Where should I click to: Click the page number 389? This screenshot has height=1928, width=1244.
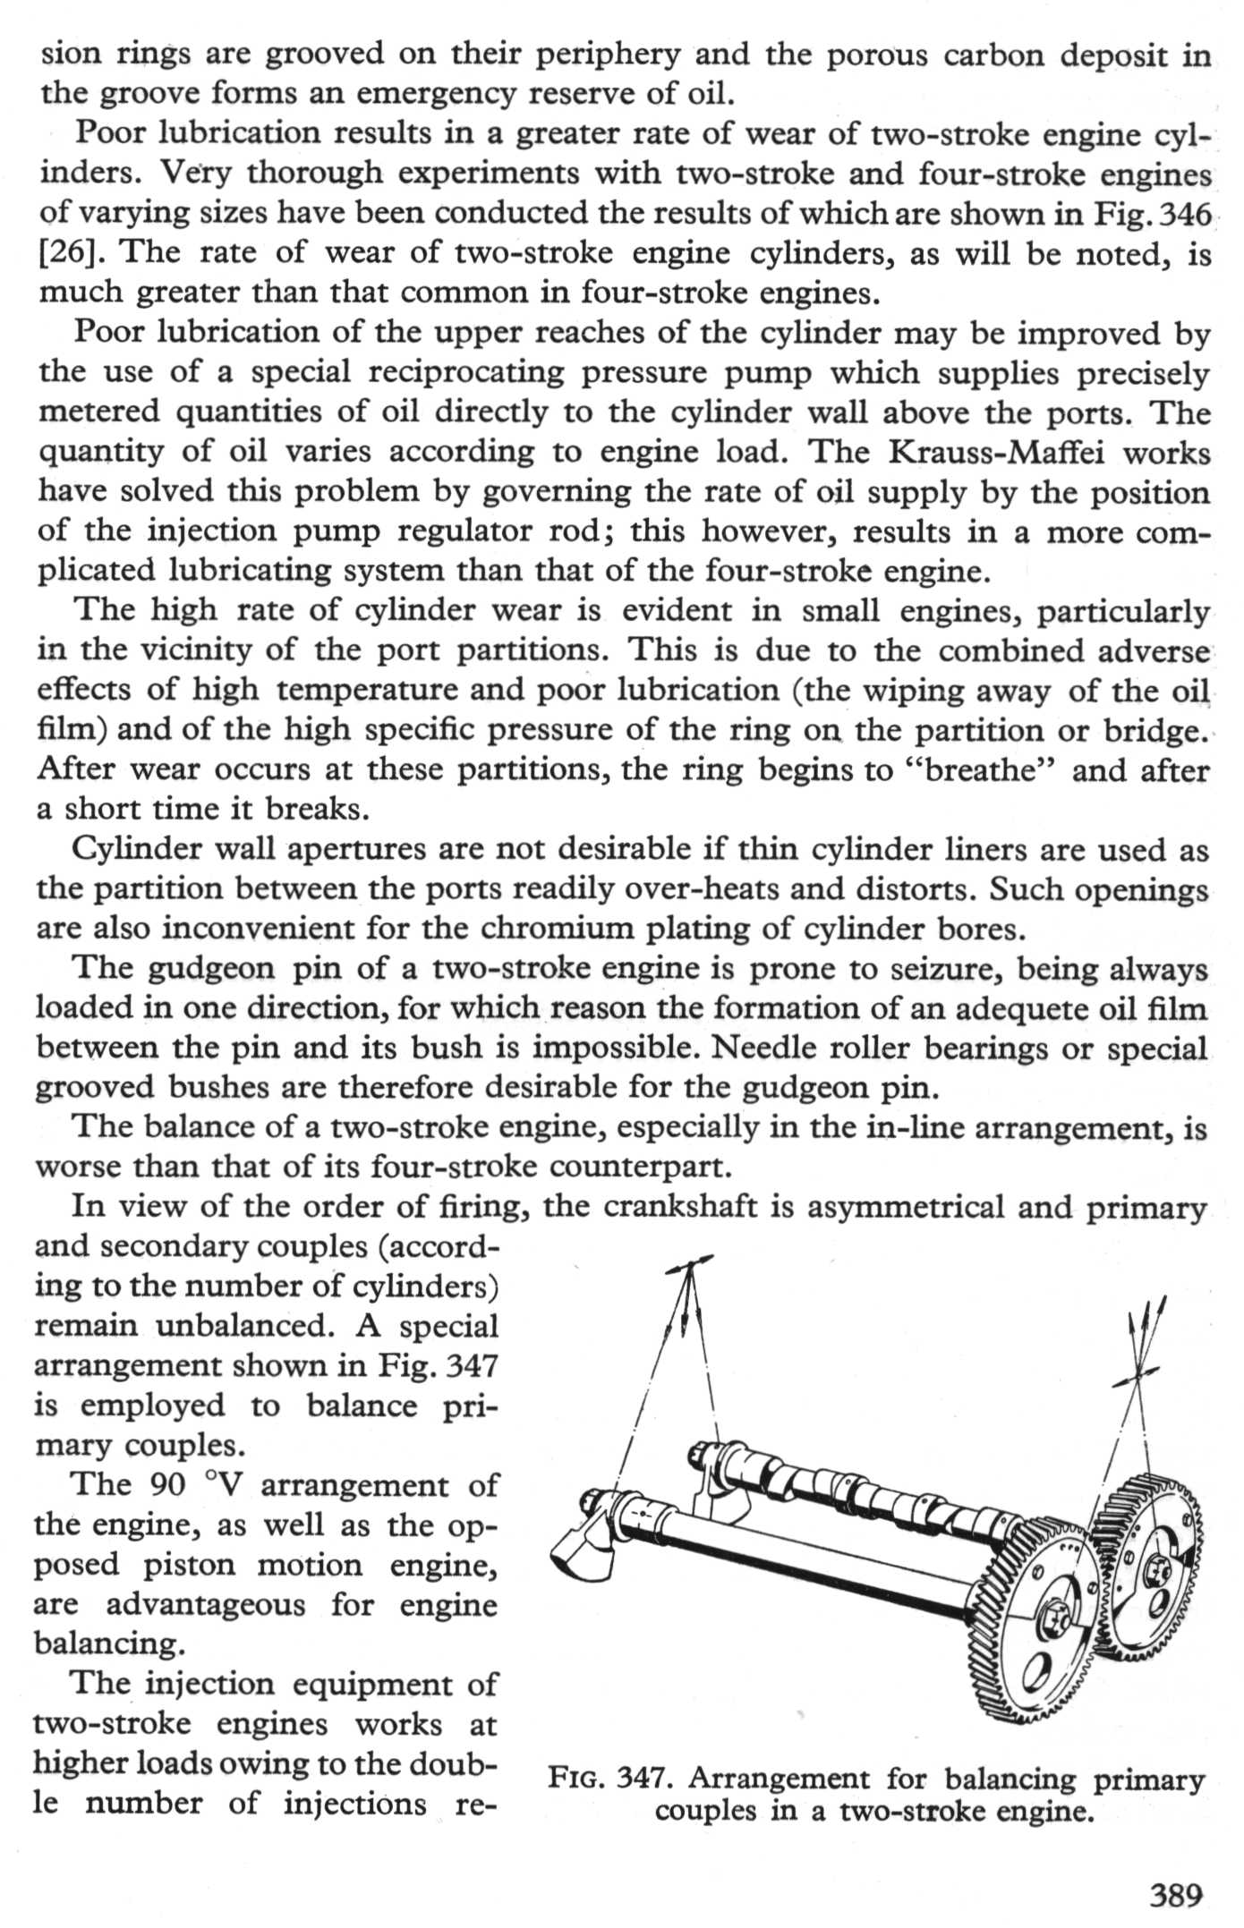coord(1175,1895)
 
